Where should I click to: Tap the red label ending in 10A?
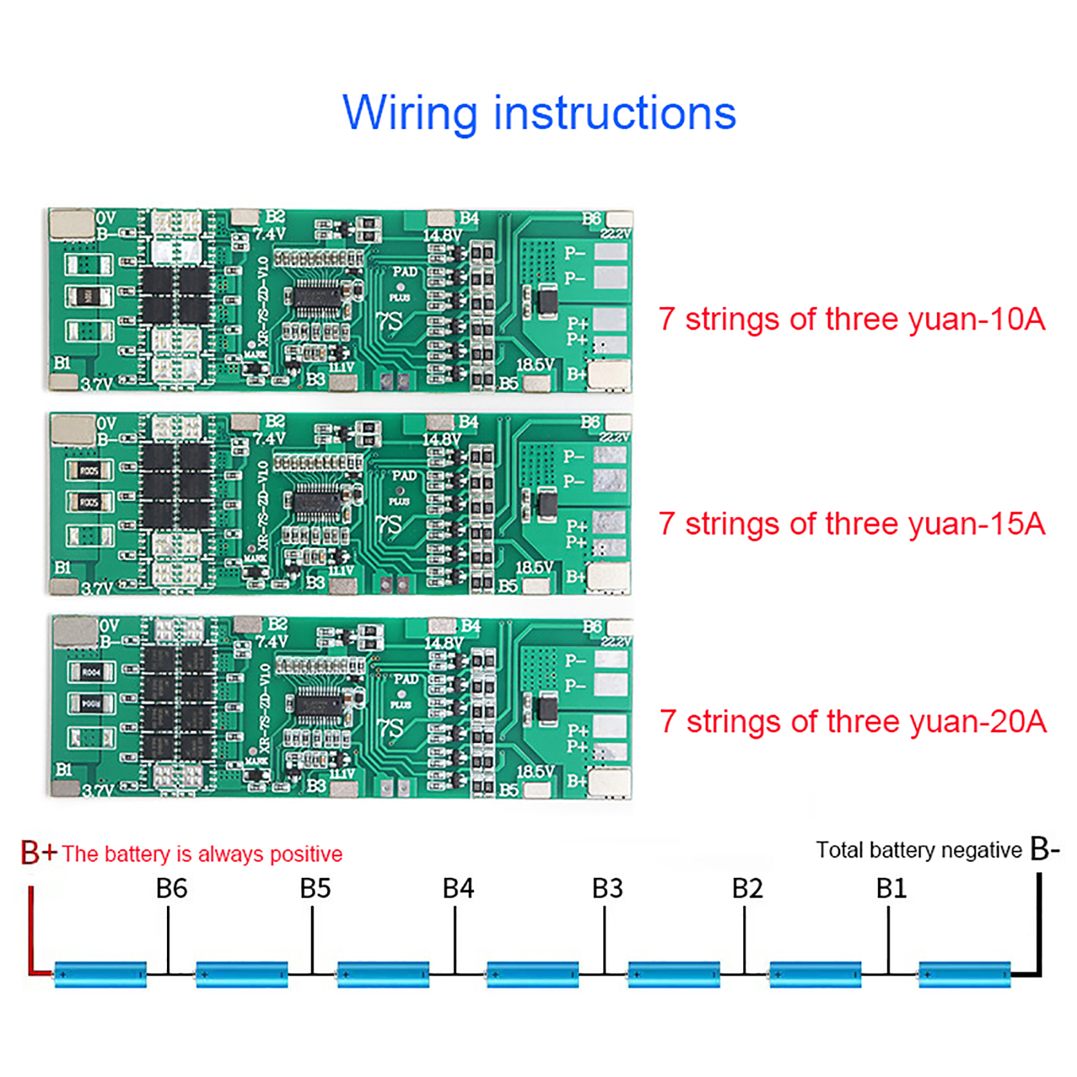coord(852,319)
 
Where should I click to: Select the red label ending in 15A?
coord(852,524)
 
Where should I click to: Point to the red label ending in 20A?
coord(853,722)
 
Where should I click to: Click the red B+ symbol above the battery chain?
coord(38,852)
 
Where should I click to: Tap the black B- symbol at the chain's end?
coord(1045,849)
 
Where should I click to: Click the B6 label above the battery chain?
coord(171,889)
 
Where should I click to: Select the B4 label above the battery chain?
coord(458,889)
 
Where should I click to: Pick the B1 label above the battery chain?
coord(891,889)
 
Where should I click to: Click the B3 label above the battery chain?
coord(607,889)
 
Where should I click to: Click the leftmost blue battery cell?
coord(100,974)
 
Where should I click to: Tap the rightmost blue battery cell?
coord(964,974)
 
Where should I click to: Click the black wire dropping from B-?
coord(1039,922)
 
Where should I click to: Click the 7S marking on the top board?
coord(390,322)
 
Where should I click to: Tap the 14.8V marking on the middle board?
coord(442,440)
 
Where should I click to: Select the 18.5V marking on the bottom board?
coord(535,771)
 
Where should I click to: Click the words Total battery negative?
coord(918,850)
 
